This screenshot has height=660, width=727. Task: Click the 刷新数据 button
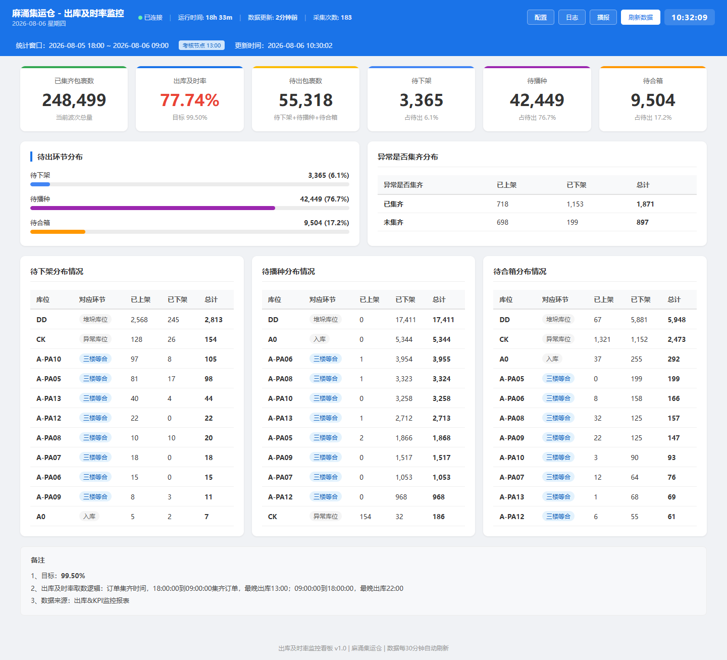(x=640, y=17)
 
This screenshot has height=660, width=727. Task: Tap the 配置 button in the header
(x=540, y=17)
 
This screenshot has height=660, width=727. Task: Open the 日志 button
(x=572, y=17)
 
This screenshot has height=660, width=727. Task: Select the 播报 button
(x=603, y=17)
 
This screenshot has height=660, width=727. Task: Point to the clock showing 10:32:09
(x=689, y=17)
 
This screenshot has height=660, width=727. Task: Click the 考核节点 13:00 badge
(x=201, y=45)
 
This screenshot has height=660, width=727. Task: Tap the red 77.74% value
(x=189, y=100)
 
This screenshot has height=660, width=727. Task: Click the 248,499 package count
(x=74, y=100)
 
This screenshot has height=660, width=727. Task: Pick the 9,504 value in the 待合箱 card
(x=653, y=100)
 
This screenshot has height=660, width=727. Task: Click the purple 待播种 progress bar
(x=152, y=208)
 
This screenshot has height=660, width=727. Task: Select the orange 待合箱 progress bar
(x=58, y=232)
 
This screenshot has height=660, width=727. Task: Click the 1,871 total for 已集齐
(x=645, y=204)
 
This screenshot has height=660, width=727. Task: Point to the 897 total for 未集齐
(x=642, y=222)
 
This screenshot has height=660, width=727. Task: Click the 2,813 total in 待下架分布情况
(x=214, y=320)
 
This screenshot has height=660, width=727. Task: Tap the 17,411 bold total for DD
(x=443, y=320)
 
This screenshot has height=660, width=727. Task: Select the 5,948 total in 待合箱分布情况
(x=677, y=320)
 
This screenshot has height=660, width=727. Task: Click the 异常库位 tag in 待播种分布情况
(x=326, y=517)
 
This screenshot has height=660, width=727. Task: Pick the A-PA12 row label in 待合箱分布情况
(x=512, y=517)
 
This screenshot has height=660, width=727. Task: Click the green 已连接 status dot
(x=140, y=17)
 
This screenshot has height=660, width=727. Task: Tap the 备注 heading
(x=38, y=561)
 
